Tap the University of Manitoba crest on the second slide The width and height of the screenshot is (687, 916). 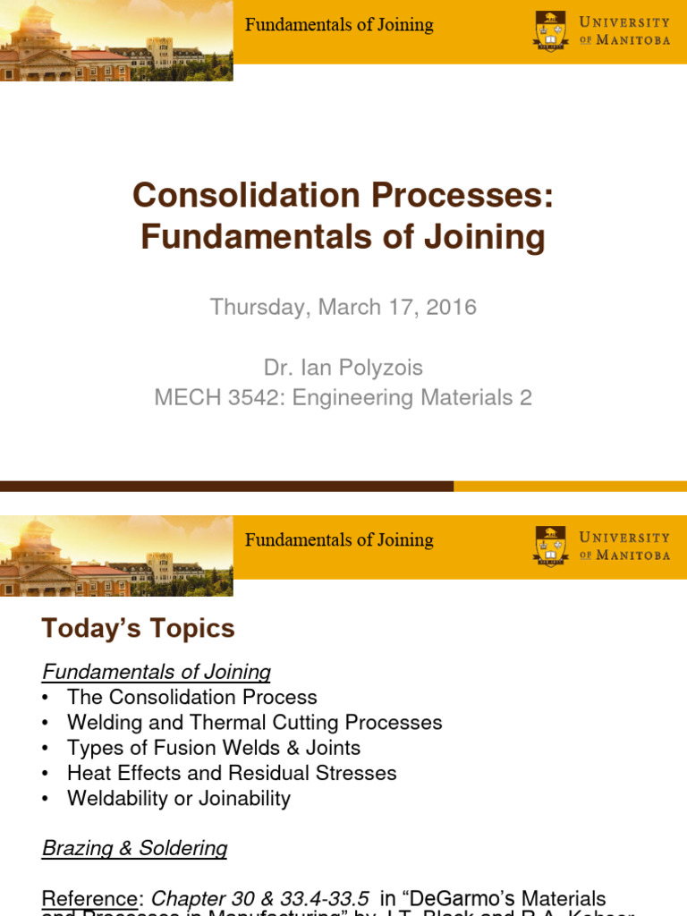click(550, 546)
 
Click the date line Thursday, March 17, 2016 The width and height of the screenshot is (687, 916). click(343, 308)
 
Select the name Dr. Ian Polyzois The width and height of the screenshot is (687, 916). click(343, 368)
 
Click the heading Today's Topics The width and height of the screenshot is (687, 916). click(138, 629)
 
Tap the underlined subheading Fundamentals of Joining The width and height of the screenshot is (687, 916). click(157, 672)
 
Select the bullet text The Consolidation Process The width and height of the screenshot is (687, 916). click(191, 697)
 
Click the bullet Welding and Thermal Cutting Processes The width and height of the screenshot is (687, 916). click(254, 722)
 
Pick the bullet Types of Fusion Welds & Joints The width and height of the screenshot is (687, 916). click(214, 747)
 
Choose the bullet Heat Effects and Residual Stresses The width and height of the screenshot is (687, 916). click(232, 772)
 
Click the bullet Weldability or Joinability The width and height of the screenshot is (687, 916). click(178, 798)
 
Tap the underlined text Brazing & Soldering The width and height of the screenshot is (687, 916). click(135, 848)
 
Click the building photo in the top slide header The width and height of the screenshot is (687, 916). click(116, 41)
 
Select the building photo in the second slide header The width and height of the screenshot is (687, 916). click(116, 556)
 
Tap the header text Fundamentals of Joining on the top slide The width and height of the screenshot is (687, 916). click(339, 25)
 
